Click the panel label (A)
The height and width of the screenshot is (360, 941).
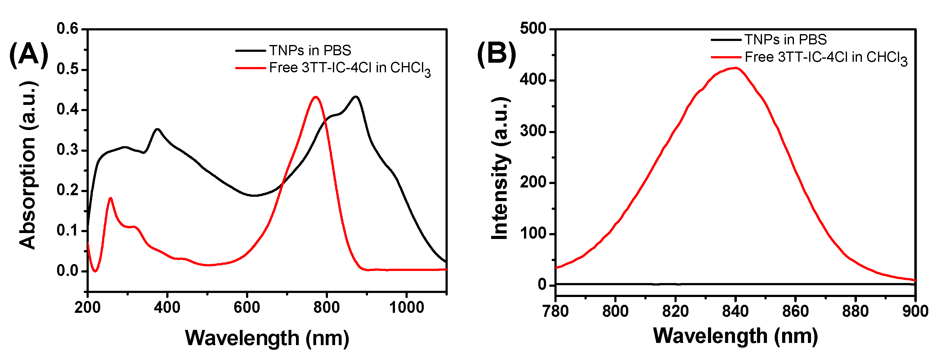29,55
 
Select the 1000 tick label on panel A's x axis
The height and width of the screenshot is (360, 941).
406,308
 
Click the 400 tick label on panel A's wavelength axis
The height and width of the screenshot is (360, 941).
167,308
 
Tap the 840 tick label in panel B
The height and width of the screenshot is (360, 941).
735,311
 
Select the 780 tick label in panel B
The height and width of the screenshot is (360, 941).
556,311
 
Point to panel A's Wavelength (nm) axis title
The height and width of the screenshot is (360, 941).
267,338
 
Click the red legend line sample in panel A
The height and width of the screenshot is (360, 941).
250,68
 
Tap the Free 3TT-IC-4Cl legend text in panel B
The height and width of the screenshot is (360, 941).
826,58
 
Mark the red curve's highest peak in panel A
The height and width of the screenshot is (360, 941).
316,97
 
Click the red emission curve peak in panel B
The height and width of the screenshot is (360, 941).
735,68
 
